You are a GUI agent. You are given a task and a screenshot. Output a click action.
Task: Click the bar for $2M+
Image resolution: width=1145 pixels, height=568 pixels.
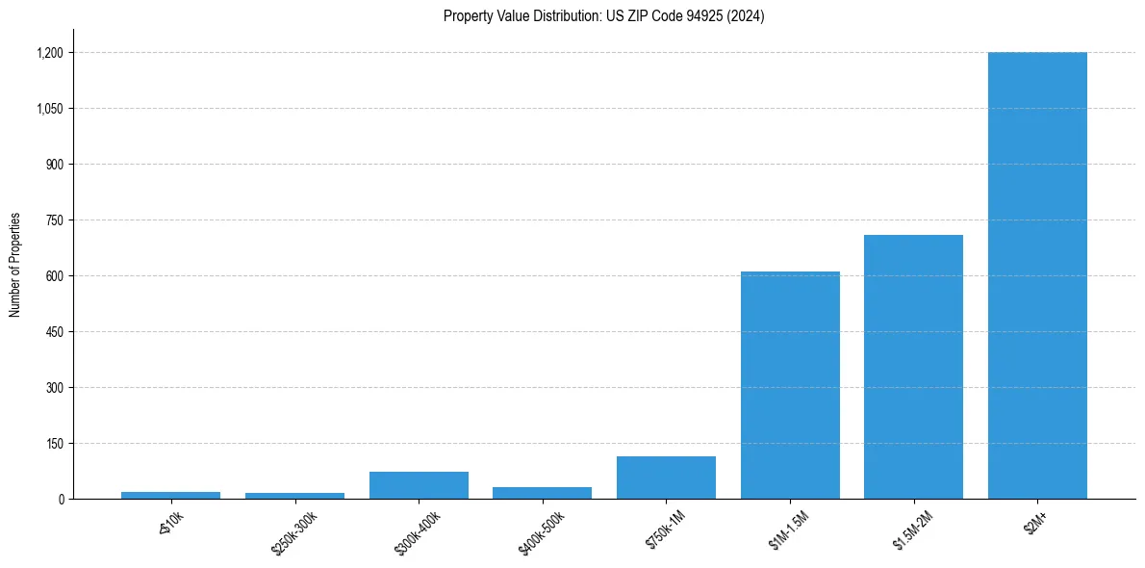coord(1037,275)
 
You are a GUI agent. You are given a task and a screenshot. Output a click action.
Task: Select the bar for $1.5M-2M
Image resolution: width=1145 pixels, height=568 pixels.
coord(913,367)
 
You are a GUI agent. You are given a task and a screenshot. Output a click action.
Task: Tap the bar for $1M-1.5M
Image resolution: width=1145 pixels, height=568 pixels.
coord(790,385)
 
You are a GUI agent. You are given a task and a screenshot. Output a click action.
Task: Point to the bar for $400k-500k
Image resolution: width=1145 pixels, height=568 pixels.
coord(542,493)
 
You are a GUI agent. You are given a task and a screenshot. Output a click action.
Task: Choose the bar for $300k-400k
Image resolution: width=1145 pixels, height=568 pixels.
coord(419,485)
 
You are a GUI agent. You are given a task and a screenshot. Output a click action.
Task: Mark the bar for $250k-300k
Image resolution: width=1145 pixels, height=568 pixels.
coord(294,496)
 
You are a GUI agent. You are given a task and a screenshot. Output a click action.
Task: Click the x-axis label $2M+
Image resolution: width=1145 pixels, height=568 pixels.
coord(1036,522)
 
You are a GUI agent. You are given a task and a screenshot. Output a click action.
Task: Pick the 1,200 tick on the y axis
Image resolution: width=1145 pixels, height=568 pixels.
coord(50,53)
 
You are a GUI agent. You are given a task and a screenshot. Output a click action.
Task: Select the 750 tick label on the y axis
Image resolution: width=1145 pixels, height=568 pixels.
coord(55,220)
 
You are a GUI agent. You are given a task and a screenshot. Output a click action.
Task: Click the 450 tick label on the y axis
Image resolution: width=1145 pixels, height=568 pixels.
coord(55,332)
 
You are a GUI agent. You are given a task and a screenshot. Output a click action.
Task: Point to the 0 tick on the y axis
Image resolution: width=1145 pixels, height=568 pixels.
coord(61,499)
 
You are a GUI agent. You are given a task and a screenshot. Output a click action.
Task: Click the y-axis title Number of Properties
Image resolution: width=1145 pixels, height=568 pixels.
coord(14,264)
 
